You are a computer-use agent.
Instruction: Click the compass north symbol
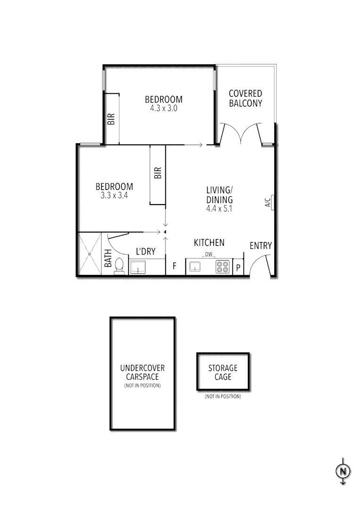pos(344,470)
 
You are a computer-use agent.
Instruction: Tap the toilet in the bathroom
pos(120,266)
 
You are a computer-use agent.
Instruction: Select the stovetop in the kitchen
pos(222,267)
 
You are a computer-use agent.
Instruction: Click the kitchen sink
pos(195,267)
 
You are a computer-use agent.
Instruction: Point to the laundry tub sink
pos(138,267)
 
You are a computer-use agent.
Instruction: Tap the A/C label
pos(267,203)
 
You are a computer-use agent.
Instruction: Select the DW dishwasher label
pos(208,254)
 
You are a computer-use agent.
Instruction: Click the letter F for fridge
pos(174,266)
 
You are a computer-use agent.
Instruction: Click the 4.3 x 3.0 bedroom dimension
pos(163,108)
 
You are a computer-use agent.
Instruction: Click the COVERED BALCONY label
pos(245,99)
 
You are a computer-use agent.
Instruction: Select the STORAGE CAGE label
pos(222,372)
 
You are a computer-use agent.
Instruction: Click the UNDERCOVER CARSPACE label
pos(142,373)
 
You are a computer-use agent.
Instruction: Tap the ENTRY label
pos(261,246)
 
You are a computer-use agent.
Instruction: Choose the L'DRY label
pos(146,252)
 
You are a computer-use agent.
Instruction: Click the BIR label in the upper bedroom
pos(112,118)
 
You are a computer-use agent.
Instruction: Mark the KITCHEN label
pos(209,243)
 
